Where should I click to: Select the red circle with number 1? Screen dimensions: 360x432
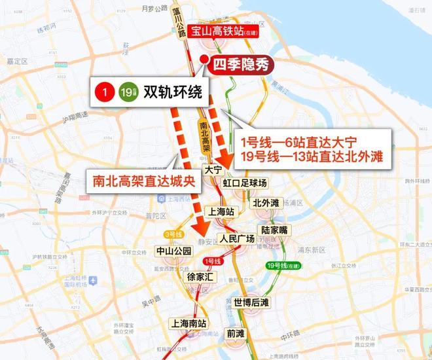pyautogui.click(x=103, y=93)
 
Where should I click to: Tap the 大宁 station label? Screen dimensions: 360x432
pyautogui.click(x=213, y=169)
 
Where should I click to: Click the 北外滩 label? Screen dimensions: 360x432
pyautogui.click(x=266, y=202)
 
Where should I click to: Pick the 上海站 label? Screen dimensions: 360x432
pyautogui.click(x=221, y=211)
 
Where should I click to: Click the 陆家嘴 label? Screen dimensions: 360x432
pyautogui.click(x=275, y=230)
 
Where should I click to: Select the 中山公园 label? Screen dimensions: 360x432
pyautogui.click(x=173, y=251)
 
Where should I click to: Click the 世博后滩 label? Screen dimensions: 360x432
pyautogui.click(x=251, y=302)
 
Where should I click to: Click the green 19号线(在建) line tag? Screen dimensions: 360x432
pyautogui.click(x=282, y=265)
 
